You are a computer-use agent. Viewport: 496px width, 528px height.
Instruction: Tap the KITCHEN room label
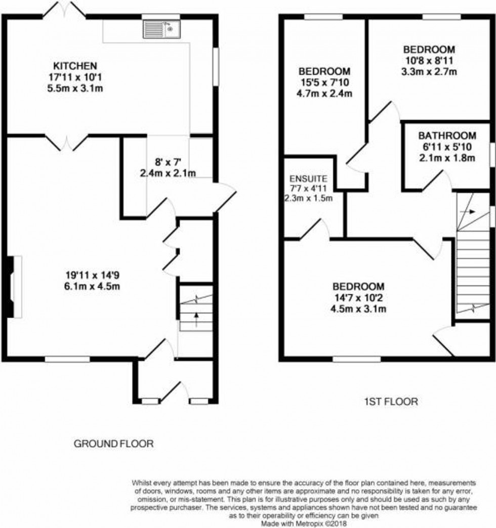[x=75, y=66]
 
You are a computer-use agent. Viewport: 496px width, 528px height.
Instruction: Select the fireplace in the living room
[x=13, y=287]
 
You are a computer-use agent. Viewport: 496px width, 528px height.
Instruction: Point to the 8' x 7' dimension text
[x=168, y=162]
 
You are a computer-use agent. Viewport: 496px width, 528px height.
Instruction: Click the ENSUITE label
[x=308, y=179]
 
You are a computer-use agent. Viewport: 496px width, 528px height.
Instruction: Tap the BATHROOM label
[x=447, y=136]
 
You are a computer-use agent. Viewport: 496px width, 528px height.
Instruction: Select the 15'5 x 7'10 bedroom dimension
[x=324, y=82]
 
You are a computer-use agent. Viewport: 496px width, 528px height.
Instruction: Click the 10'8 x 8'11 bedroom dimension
[x=429, y=61]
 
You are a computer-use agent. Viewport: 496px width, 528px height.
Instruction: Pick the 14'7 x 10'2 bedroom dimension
[x=358, y=297]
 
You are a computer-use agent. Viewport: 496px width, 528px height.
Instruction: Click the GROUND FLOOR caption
[x=113, y=444]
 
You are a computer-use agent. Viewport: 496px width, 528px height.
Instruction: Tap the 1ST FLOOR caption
[x=391, y=402]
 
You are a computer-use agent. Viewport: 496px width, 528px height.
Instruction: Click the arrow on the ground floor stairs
[x=196, y=318]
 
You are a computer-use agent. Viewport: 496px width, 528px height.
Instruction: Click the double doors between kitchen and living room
[x=67, y=142]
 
